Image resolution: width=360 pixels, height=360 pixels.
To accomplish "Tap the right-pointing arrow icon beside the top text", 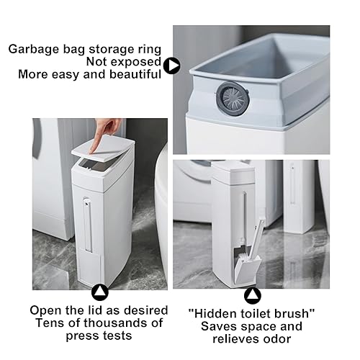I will pyautogui.click(x=171, y=66).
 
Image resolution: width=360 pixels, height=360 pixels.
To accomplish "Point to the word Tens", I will pyautogui.click(x=45, y=323).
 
